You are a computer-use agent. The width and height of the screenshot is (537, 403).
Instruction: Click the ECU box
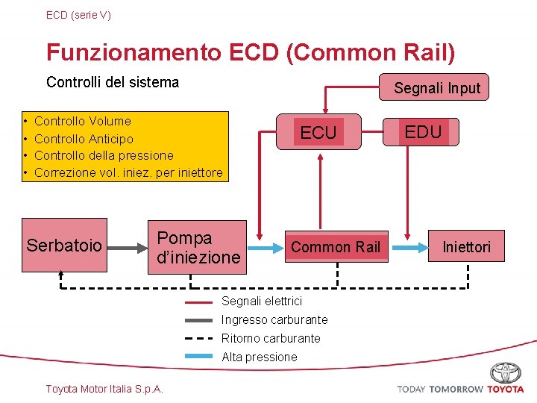click(x=318, y=132)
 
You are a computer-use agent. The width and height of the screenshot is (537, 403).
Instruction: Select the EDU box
click(x=424, y=132)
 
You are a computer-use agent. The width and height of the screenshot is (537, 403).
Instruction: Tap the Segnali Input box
click(x=437, y=87)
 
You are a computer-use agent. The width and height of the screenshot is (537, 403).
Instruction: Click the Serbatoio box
click(x=64, y=245)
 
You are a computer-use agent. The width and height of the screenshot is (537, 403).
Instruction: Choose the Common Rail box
click(x=336, y=246)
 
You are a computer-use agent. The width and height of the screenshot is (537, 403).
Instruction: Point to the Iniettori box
click(x=467, y=246)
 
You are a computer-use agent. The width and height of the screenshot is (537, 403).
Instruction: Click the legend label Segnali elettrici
click(x=262, y=301)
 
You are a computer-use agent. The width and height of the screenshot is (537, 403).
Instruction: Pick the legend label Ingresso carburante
click(x=274, y=319)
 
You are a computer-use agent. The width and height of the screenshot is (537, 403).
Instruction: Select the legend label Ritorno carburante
click(x=271, y=338)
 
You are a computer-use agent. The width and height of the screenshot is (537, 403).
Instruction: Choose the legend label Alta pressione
click(x=259, y=357)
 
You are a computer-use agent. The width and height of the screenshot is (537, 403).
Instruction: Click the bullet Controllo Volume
click(x=82, y=121)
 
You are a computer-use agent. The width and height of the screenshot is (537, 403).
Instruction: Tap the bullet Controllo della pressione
click(x=104, y=155)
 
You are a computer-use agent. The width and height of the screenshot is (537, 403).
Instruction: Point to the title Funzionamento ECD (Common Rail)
click(x=251, y=53)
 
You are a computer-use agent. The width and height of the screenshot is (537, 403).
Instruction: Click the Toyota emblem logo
click(x=506, y=372)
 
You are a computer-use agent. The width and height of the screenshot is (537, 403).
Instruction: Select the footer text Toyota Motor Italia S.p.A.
click(x=104, y=388)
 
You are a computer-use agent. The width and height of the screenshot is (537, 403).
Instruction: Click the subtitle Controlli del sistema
click(x=113, y=82)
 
